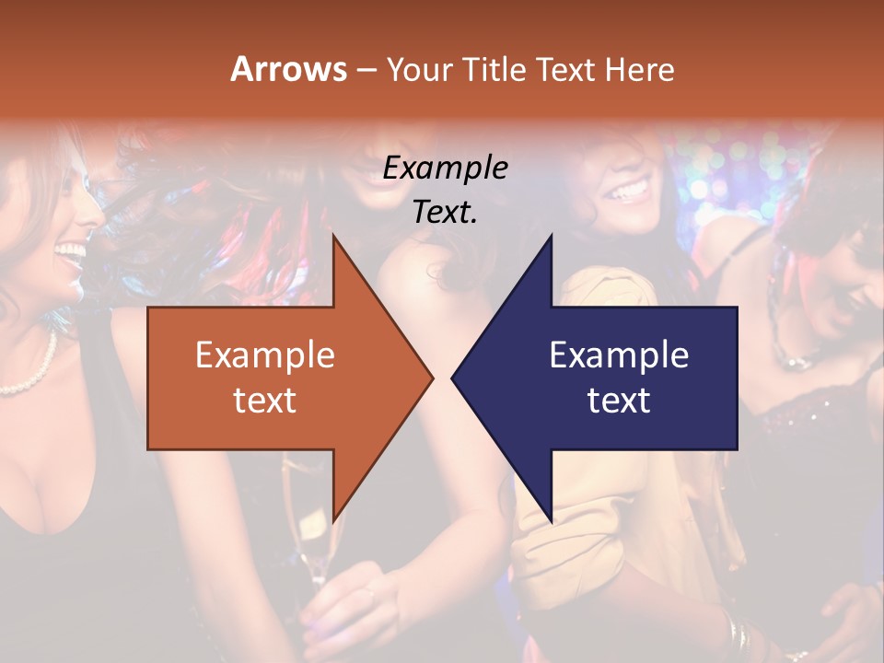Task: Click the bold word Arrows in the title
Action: tap(289, 69)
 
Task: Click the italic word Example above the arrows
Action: tap(445, 169)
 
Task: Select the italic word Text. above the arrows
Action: tap(445, 213)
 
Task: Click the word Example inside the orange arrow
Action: tap(265, 355)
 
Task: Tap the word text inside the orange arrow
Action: tap(265, 401)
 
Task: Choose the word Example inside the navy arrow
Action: tap(619, 355)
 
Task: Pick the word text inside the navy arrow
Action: tap(619, 401)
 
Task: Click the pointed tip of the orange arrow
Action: tap(433, 378)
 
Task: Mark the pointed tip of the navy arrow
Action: tap(452, 378)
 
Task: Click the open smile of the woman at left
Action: tap(71, 251)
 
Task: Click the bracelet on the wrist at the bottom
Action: tap(737, 634)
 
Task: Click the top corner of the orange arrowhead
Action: tap(333, 237)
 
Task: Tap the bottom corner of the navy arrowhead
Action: tap(552, 521)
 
